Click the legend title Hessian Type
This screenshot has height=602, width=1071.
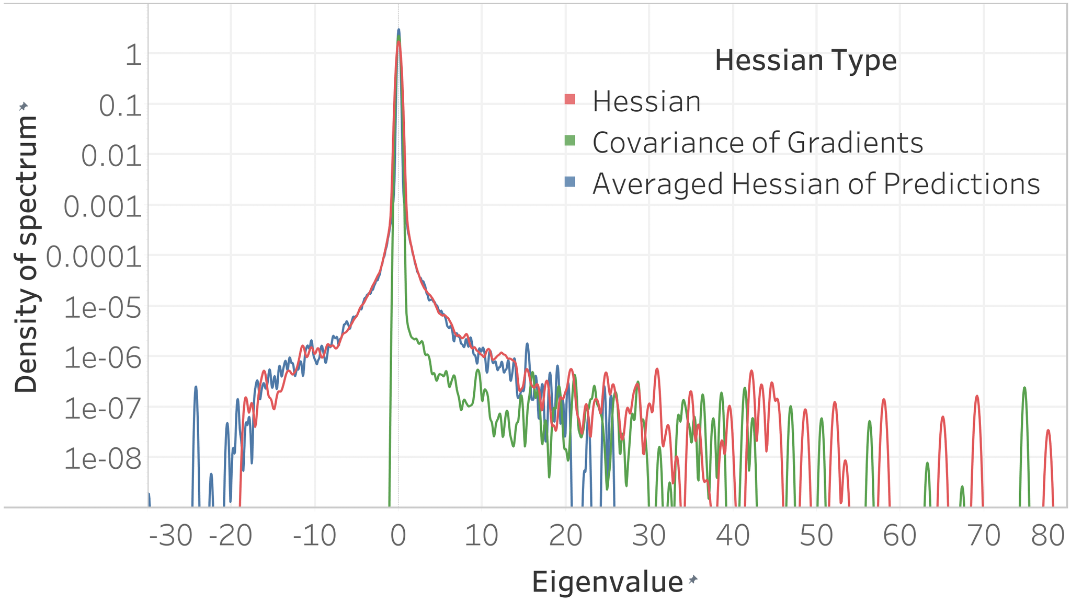(x=805, y=61)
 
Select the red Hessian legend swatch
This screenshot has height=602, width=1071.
(x=570, y=99)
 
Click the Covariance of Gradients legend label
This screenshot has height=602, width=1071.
(x=758, y=142)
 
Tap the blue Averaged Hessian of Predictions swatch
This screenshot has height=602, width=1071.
(x=570, y=182)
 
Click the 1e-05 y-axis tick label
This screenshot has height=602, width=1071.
(x=102, y=309)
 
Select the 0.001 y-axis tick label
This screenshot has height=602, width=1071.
(x=102, y=207)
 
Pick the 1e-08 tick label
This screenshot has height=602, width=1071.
(x=102, y=460)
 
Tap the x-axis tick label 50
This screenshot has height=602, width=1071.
(x=816, y=536)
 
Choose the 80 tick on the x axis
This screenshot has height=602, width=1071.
(x=1047, y=536)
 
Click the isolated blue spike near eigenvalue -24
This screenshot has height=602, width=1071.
(x=196, y=388)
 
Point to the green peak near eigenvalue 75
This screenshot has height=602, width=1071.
(x=1024, y=388)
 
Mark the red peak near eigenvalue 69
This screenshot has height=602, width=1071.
(x=976, y=397)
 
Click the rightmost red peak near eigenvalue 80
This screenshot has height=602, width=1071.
(x=1048, y=431)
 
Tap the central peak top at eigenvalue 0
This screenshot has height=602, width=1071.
(x=398, y=30)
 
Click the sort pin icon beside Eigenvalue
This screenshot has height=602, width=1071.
(x=693, y=579)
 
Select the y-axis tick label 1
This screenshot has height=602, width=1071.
(x=134, y=55)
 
